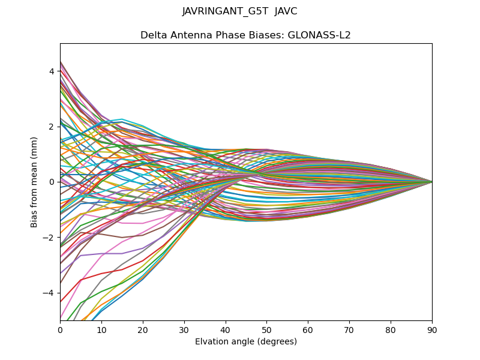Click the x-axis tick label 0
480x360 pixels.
[60, 329]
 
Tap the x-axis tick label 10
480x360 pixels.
[101, 329]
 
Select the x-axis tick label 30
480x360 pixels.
[184, 329]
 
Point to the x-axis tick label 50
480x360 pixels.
[266, 329]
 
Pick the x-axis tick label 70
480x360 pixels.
[349, 329]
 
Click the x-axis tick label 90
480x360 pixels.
[432, 329]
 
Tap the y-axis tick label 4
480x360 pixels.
[52, 71]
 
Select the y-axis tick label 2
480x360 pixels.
[52, 127]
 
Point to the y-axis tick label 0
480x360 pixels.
[52, 182]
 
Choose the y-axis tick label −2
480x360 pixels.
[49, 238]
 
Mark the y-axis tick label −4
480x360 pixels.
[49, 293]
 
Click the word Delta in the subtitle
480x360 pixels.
[153, 35]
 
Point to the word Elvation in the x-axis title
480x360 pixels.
[212, 342]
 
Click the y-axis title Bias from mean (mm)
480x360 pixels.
[34, 182]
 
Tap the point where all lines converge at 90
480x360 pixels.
[432, 182]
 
